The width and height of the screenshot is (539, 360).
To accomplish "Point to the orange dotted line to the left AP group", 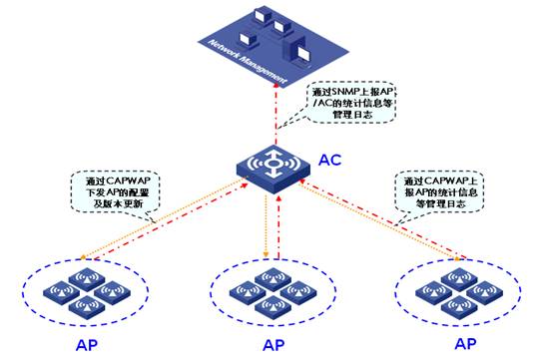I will [160, 230].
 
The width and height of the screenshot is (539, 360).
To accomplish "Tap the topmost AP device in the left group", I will [90, 275].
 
